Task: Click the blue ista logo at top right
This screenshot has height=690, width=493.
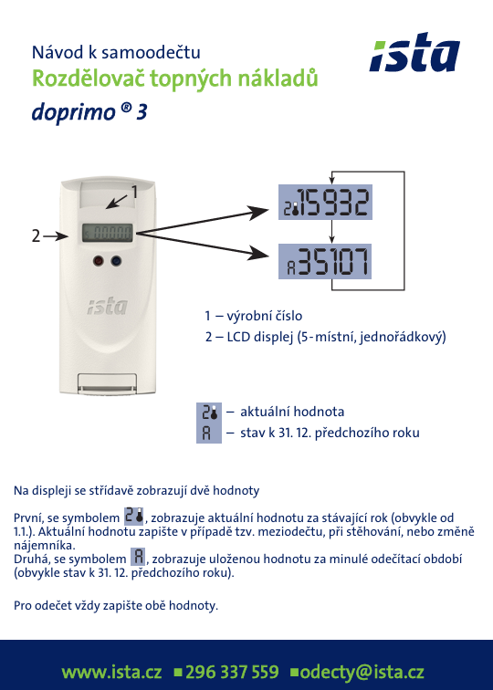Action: (x=414, y=52)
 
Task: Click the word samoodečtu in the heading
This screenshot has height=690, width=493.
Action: (x=151, y=52)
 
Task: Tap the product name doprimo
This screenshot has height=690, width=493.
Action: (x=74, y=112)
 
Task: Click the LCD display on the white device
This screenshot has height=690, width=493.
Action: (x=107, y=233)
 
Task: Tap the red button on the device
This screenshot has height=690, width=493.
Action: (x=99, y=261)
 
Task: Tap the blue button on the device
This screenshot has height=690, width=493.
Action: (x=116, y=261)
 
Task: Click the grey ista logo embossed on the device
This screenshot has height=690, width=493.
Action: (x=107, y=307)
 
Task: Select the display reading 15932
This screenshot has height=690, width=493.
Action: (x=325, y=203)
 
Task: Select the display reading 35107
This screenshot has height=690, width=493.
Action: (x=325, y=261)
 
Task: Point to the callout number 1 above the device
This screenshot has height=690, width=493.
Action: (x=134, y=192)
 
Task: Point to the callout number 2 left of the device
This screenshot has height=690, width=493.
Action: (x=37, y=236)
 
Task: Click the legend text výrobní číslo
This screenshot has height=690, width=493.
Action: (x=265, y=316)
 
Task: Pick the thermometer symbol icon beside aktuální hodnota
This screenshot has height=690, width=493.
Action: (x=209, y=413)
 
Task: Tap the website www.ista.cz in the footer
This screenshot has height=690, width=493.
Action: (x=111, y=673)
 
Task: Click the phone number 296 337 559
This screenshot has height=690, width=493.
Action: (x=232, y=673)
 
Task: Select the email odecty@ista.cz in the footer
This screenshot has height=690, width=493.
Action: (x=362, y=673)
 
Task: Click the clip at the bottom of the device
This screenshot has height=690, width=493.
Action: (x=108, y=383)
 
